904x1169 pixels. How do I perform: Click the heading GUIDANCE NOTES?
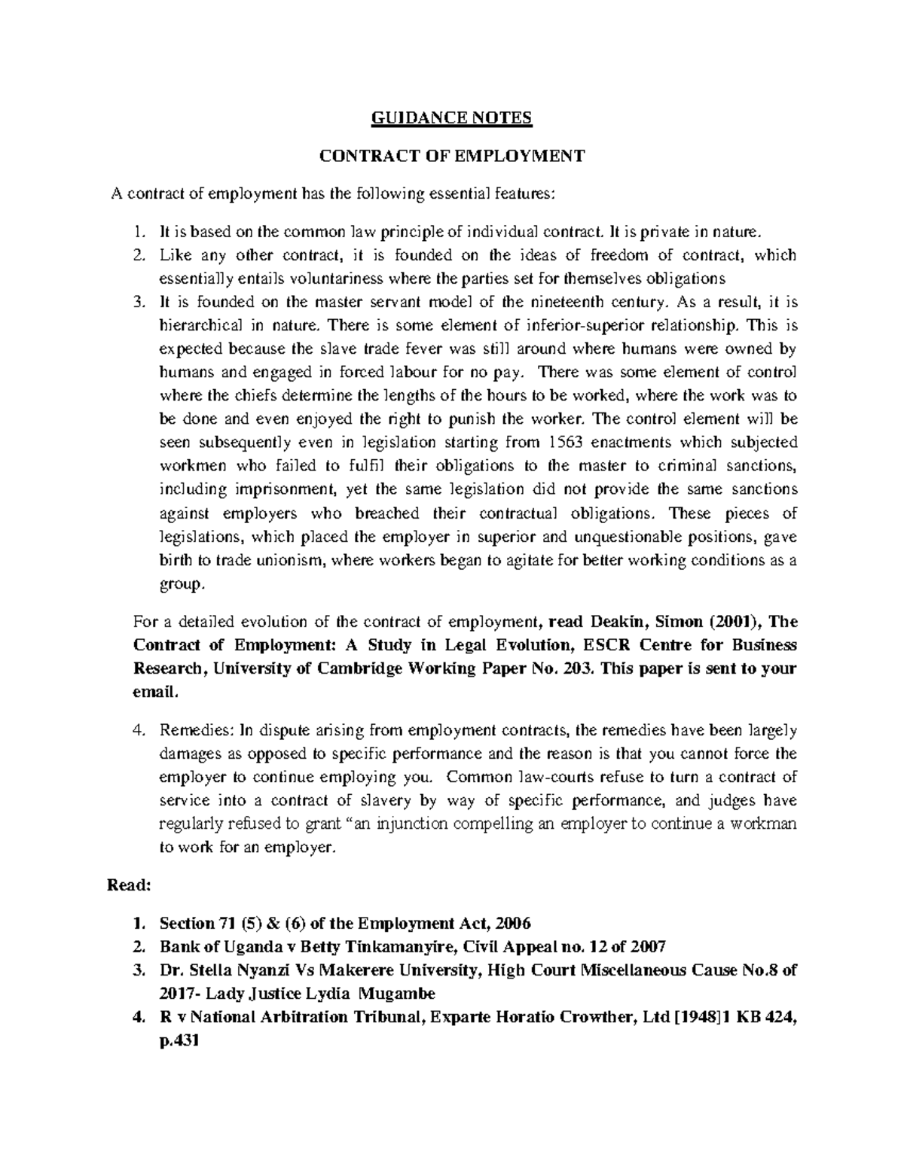pyautogui.click(x=452, y=118)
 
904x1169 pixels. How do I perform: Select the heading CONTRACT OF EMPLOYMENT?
pyautogui.click(x=452, y=157)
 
